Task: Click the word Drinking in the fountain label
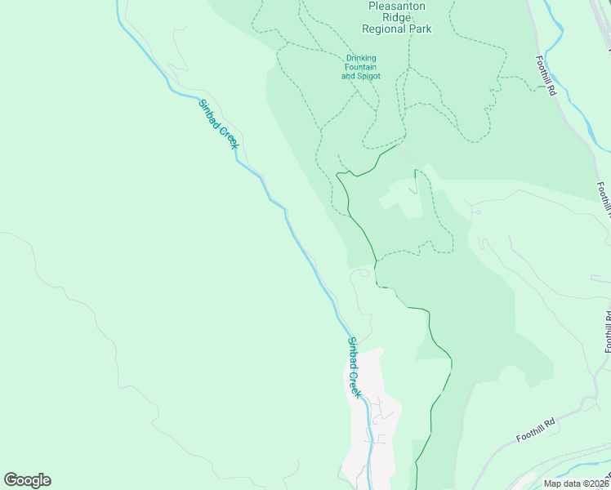point(361,58)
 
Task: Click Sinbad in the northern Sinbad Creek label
point(210,114)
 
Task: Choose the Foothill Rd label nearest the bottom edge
point(536,430)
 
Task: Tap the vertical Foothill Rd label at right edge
point(608,331)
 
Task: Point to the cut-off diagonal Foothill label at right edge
point(604,199)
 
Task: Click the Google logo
point(27,480)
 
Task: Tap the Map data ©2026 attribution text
point(576,483)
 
